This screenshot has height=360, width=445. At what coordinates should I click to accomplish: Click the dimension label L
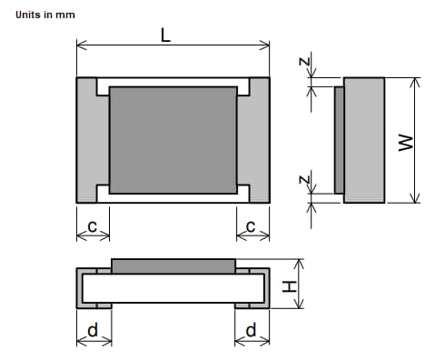[165, 35]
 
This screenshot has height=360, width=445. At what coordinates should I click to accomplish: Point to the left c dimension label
[92, 225]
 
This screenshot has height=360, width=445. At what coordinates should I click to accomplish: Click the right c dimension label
[252, 225]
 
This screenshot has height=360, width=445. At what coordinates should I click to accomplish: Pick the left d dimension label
[92, 330]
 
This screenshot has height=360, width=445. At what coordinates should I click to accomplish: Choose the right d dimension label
[252, 330]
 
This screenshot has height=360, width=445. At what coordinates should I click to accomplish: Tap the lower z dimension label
[307, 182]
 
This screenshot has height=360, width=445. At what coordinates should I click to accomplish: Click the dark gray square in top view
[173, 140]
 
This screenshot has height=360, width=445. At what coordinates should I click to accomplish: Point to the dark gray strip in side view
[339, 140]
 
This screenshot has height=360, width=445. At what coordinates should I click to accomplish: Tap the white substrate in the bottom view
[173, 289]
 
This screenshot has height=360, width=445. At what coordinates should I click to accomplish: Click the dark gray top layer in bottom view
[173, 265]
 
